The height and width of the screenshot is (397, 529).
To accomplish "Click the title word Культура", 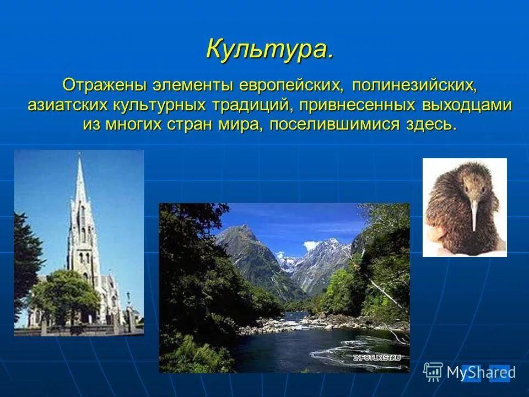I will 269,50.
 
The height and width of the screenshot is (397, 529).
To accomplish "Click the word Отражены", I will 104,86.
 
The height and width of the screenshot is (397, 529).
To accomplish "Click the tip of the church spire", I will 80,157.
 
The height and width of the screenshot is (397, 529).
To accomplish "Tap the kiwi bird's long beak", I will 474,215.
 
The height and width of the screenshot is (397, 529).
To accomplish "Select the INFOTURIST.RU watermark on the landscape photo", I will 377,357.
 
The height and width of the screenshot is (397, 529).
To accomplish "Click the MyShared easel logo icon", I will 433,372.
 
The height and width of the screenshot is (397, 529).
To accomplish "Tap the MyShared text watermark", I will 481,373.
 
